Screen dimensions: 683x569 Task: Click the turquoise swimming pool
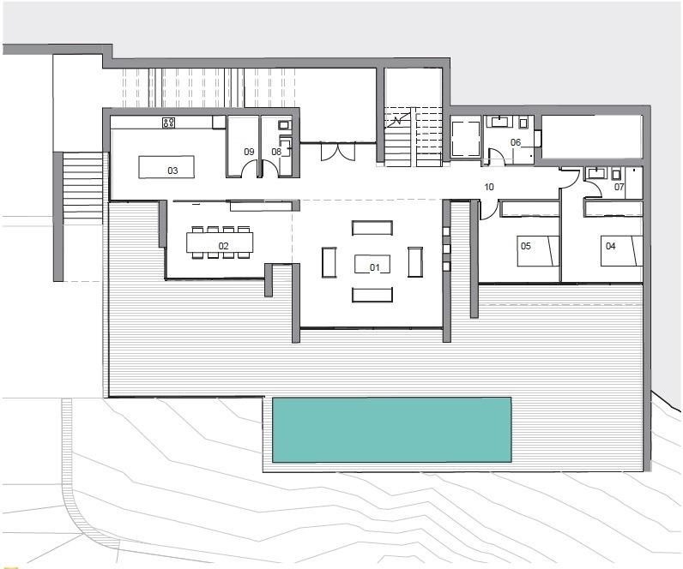pyautogui.click(x=391, y=429)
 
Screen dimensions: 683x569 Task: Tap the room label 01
pyautogui.click(x=375, y=267)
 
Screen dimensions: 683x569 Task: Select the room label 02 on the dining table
pyautogui.click(x=223, y=246)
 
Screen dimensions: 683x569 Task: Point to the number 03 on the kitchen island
pyautogui.click(x=173, y=171)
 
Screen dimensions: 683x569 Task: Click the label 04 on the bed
pyautogui.click(x=611, y=246)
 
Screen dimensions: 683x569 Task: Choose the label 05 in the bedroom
pyautogui.click(x=526, y=246)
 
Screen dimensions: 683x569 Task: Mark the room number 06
pyautogui.click(x=516, y=142)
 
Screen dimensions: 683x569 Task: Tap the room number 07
pyautogui.click(x=620, y=187)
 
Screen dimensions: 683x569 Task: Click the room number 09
pyautogui.click(x=249, y=152)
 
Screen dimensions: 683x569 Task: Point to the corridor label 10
pyautogui.click(x=489, y=187)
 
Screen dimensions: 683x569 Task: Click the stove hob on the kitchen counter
pyautogui.click(x=168, y=123)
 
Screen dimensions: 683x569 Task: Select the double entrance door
pyautogui.click(x=338, y=152)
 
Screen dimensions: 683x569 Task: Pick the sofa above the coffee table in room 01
pyautogui.click(x=372, y=228)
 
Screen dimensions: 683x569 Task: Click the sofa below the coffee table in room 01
pyautogui.click(x=372, y=295)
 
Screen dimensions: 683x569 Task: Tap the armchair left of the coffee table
pyautogui.click(x=329, y=262)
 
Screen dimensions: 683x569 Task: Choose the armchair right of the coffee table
pyautogui.click(x=415, y=262)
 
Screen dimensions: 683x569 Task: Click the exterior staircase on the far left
pyautogui.click(x=82, y=188)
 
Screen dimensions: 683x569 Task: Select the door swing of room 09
pyautogui.click(x=249, y=169)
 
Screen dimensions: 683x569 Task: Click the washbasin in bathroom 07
pyautogui.click(x=595, y=173)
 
